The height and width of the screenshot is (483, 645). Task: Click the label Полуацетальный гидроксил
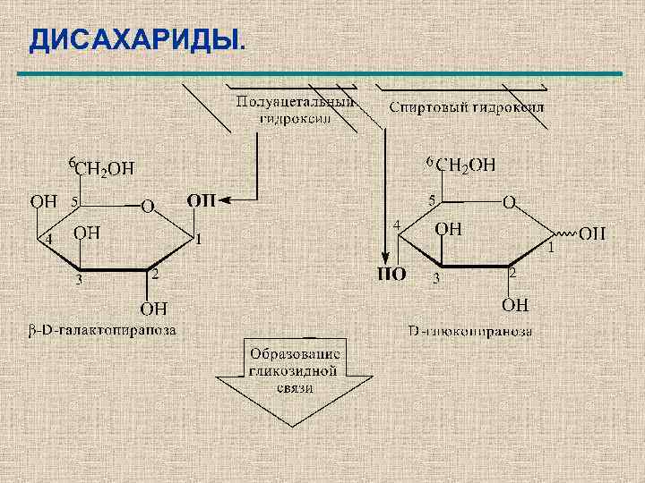pyautogui.click(x=295, y=109)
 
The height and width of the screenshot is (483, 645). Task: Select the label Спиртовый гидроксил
pyautogui.click(x=467, y=107)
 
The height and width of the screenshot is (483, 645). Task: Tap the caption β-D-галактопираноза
pyautogui.click(x=99, y=330)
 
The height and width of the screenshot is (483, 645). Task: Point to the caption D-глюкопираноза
pyautogui.click(x=471, y=332)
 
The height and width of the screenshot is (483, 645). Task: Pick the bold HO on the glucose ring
pyautogui.click(x=391, y=274)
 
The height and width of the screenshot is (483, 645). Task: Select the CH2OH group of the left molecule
pyautogui.click(x=105, y=168)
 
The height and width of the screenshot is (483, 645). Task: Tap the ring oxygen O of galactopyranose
pyautogui.click(x=147, y=207)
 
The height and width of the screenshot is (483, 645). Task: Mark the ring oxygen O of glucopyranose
pyautogui.click(x=508, y=204)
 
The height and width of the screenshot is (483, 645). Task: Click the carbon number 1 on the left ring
pyautogui.click(x=199, y=239)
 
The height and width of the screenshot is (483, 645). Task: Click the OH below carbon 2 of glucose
pyautogui.click(x=514, y=305)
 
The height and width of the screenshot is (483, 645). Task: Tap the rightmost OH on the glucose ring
pyautogui.click(x=592, y=233)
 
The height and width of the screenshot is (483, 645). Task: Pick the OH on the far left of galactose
pyautogui.click(x=44, y=200)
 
